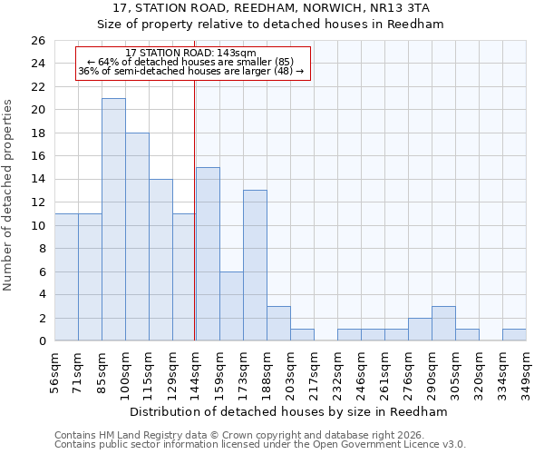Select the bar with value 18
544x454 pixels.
137,237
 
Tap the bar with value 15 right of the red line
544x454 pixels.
208,254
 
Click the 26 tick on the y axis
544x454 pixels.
37,41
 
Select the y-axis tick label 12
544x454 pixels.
37,202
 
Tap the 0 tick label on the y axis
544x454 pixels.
41,341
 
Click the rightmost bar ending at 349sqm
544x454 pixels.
514,335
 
